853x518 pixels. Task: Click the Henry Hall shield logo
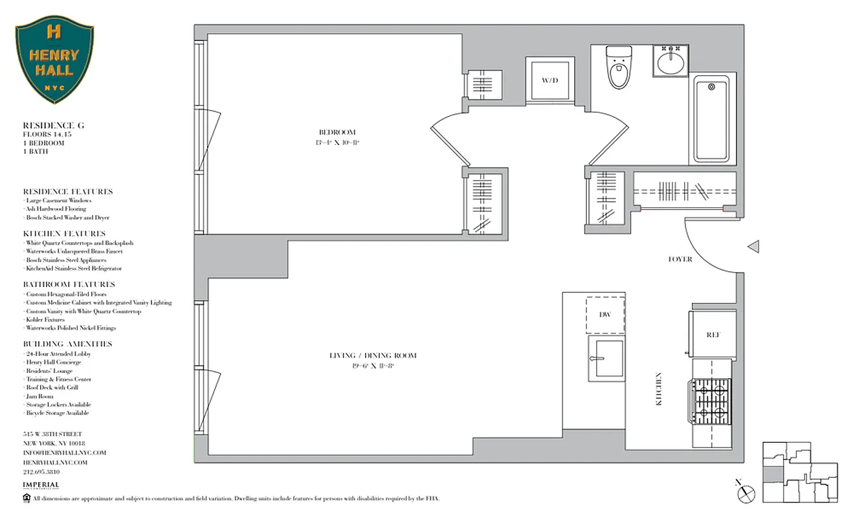[54, 60]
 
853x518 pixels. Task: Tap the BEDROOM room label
[337, 132]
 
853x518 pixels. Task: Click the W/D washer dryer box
[549, 81]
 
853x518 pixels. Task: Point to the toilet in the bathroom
[618, 67]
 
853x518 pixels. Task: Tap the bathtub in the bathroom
[711, 119]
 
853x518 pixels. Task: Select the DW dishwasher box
[606, 314]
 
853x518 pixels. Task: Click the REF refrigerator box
[713, 335]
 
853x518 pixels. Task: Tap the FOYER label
[680, 259]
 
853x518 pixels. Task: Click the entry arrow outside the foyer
[753, 246]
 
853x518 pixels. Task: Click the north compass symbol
[743, 490]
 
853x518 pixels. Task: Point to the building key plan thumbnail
[799, 471]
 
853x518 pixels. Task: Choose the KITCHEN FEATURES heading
[64, 233]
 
